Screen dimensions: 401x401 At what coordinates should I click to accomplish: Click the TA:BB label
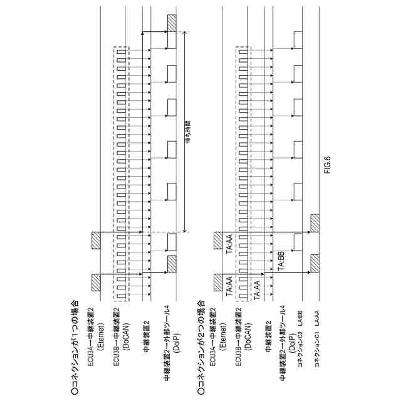coord(281,258)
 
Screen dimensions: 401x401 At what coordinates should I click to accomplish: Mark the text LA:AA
coord(318,311)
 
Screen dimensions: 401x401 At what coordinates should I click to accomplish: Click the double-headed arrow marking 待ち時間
coord(185,132)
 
